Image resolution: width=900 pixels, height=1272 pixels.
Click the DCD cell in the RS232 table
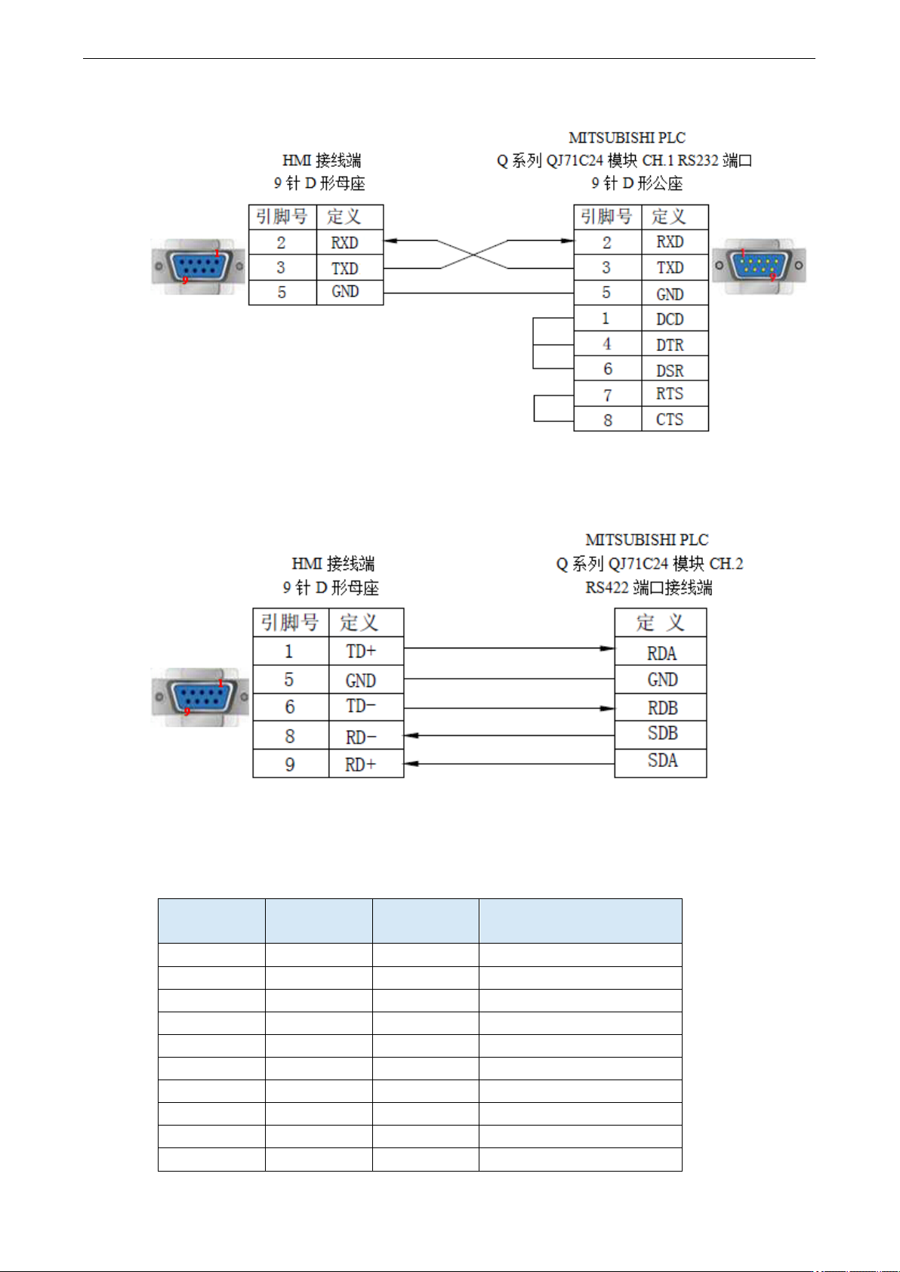(674, 319)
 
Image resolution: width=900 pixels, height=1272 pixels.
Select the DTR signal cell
(674, 343)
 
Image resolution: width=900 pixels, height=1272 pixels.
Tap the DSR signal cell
(674, 368)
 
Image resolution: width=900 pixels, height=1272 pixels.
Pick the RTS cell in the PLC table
(674, 393)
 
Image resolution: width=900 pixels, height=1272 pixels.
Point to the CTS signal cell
(674, 418)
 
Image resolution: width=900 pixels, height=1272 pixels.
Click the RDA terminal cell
(661, 651)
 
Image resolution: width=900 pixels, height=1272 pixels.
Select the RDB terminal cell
(661, 707)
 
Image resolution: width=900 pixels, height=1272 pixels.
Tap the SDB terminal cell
(661, 735)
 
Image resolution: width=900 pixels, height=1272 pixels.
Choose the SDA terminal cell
(661, 763)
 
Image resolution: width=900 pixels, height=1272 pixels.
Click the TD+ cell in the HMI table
(366, 651)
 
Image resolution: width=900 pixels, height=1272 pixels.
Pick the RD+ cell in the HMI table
(366, 763)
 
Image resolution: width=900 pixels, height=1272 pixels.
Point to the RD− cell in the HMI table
(366, 735)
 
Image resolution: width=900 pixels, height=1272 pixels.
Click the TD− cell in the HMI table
(366, 707)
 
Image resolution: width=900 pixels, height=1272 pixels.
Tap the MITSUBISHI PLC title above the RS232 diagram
(627, 138)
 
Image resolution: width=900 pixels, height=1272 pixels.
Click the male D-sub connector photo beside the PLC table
(759, 266)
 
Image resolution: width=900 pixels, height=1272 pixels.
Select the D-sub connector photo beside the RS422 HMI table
(200, 697)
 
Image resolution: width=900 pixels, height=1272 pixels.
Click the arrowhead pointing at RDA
(608, 648)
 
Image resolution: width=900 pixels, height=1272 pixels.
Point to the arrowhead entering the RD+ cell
(411, 764)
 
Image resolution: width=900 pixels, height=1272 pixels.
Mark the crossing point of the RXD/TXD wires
(473, 254)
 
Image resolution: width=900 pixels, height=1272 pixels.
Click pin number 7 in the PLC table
(608, 395)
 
